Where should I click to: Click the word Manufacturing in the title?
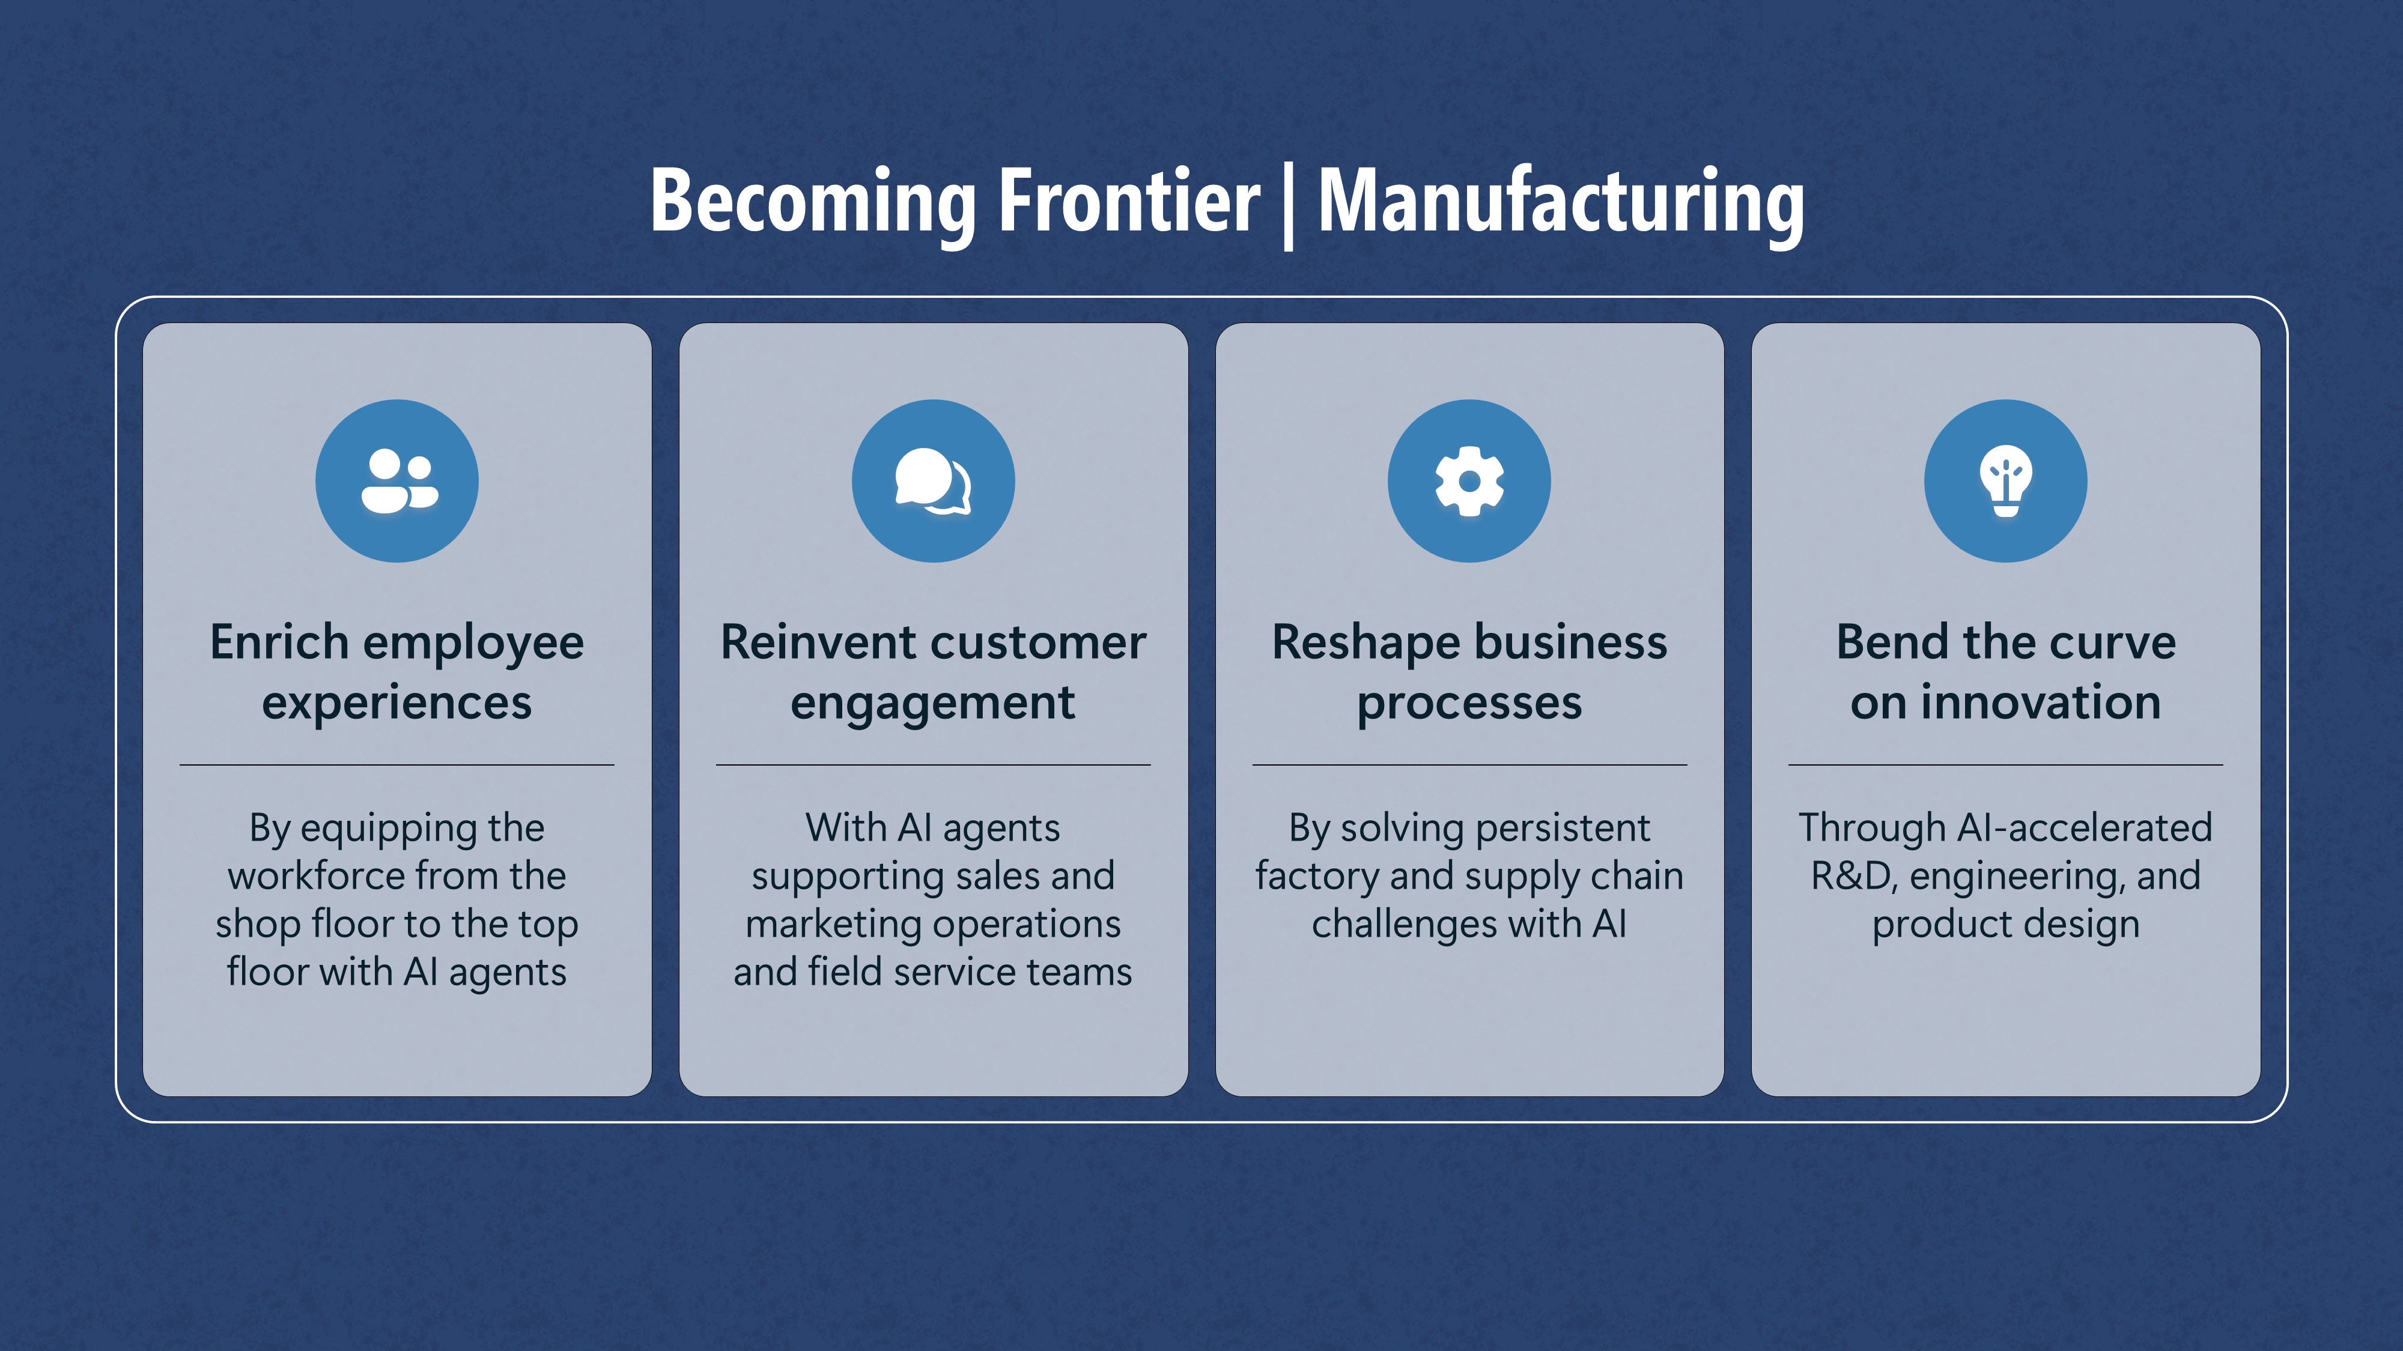tap(1561, 201)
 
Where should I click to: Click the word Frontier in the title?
tap(1129, 201)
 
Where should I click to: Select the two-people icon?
tap(397, 481)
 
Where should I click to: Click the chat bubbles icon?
tap(933, 481)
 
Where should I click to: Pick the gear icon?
tap(1469, 481)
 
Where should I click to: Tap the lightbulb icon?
tap(2006, 481)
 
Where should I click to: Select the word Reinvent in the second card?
tap(806, 642)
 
